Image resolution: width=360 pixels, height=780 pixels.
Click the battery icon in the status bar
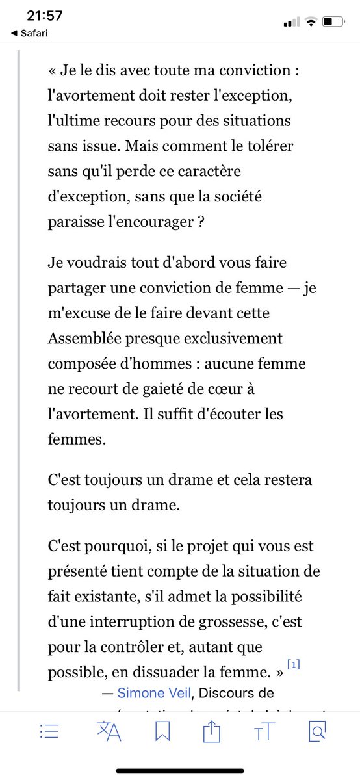[x=336, y=22]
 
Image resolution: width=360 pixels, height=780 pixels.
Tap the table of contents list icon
[x=49, y=732]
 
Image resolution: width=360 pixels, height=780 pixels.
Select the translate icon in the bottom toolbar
[x=109, y=732]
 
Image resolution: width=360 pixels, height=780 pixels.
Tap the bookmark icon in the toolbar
[x=162, y=732]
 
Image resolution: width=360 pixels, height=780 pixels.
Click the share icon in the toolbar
[x=212, y=732]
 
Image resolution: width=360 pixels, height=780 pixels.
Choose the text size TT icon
[x=263, y=733]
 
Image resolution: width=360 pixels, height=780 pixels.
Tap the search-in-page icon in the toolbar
[x=316, y=732]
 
